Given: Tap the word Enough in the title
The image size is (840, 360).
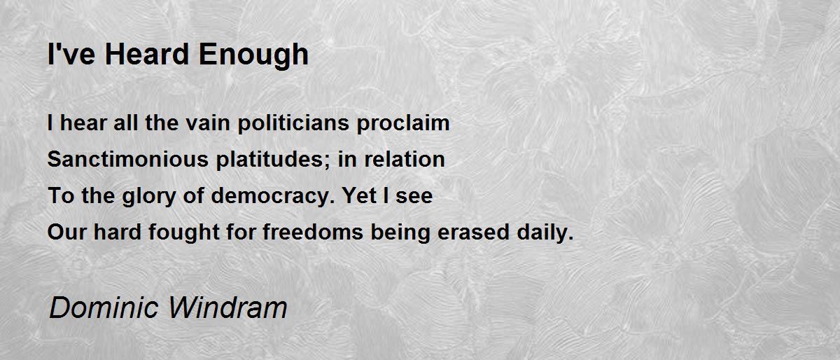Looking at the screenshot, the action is (253, 55).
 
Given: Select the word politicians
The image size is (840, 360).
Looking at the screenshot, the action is (293, 123).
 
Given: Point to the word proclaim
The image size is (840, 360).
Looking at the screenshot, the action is (403, 123).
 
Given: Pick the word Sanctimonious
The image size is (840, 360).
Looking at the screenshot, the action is (128, 159).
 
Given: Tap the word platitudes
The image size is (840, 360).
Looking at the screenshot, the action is (269, 160).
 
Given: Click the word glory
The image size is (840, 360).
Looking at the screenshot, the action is (149, 197).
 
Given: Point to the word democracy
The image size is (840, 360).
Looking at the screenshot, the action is (271, 197).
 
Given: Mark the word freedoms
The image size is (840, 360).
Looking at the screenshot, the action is (313, 232).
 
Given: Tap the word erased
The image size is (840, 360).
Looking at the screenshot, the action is (474, 232).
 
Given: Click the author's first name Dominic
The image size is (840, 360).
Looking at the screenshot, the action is (104, 307).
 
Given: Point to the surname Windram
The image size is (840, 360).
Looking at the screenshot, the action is (227, 307).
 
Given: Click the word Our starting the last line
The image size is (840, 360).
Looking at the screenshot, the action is (66, 233).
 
